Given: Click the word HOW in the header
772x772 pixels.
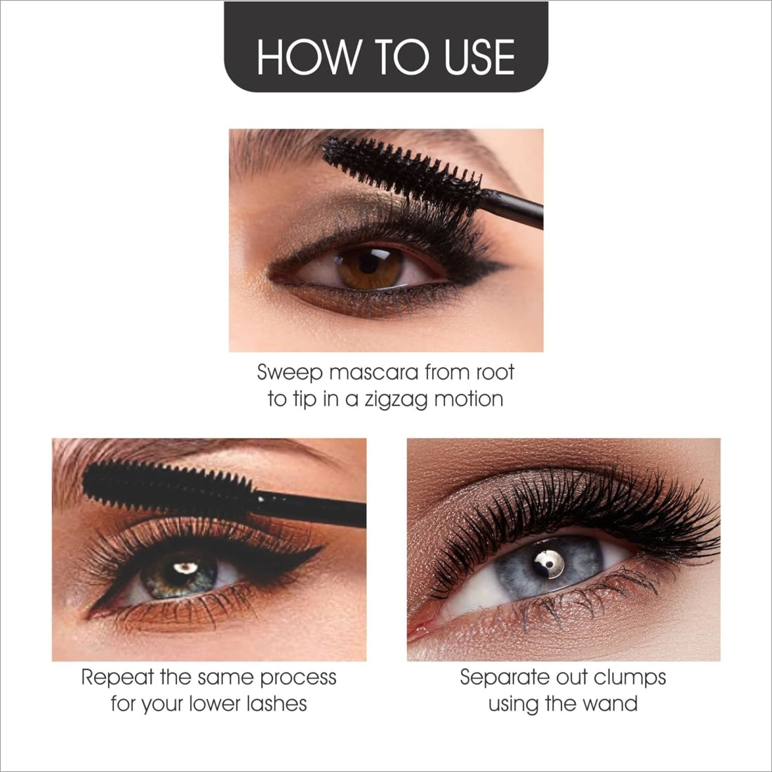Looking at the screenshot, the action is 307,57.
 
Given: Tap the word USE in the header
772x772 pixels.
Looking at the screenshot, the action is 479,57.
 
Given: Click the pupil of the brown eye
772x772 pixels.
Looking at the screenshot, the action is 368,263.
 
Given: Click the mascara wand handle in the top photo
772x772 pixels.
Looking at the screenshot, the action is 512,208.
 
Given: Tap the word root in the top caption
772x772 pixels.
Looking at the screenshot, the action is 495,373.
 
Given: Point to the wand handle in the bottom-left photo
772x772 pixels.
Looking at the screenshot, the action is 310,509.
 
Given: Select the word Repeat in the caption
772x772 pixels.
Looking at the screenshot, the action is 118,678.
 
